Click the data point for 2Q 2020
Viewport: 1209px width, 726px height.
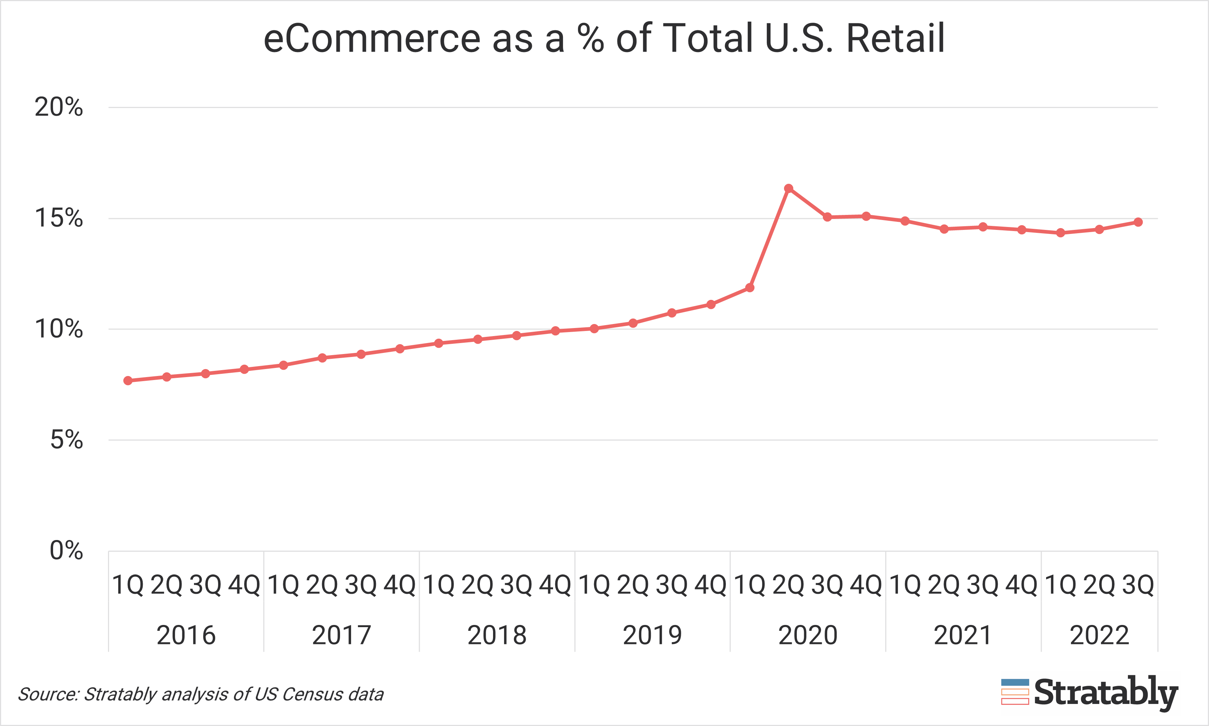click(788, 188)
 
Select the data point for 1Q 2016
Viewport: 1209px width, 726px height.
click(128, 381)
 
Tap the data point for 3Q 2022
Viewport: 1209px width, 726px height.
click(1138, 222)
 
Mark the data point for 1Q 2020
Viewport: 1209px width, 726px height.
click(750, 288)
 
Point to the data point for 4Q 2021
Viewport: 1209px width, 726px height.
click(1022, 230)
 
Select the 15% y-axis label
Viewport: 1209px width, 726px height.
click(59, 218)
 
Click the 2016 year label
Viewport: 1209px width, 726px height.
click(186, 635)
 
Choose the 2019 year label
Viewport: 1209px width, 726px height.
click(652, 635)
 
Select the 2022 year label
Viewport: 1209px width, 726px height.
click(1100, 635)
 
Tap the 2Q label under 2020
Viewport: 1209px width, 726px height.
click(788, 585)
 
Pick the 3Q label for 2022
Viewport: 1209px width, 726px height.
click(1138, 585)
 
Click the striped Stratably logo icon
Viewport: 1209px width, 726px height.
click(1015, 692)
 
